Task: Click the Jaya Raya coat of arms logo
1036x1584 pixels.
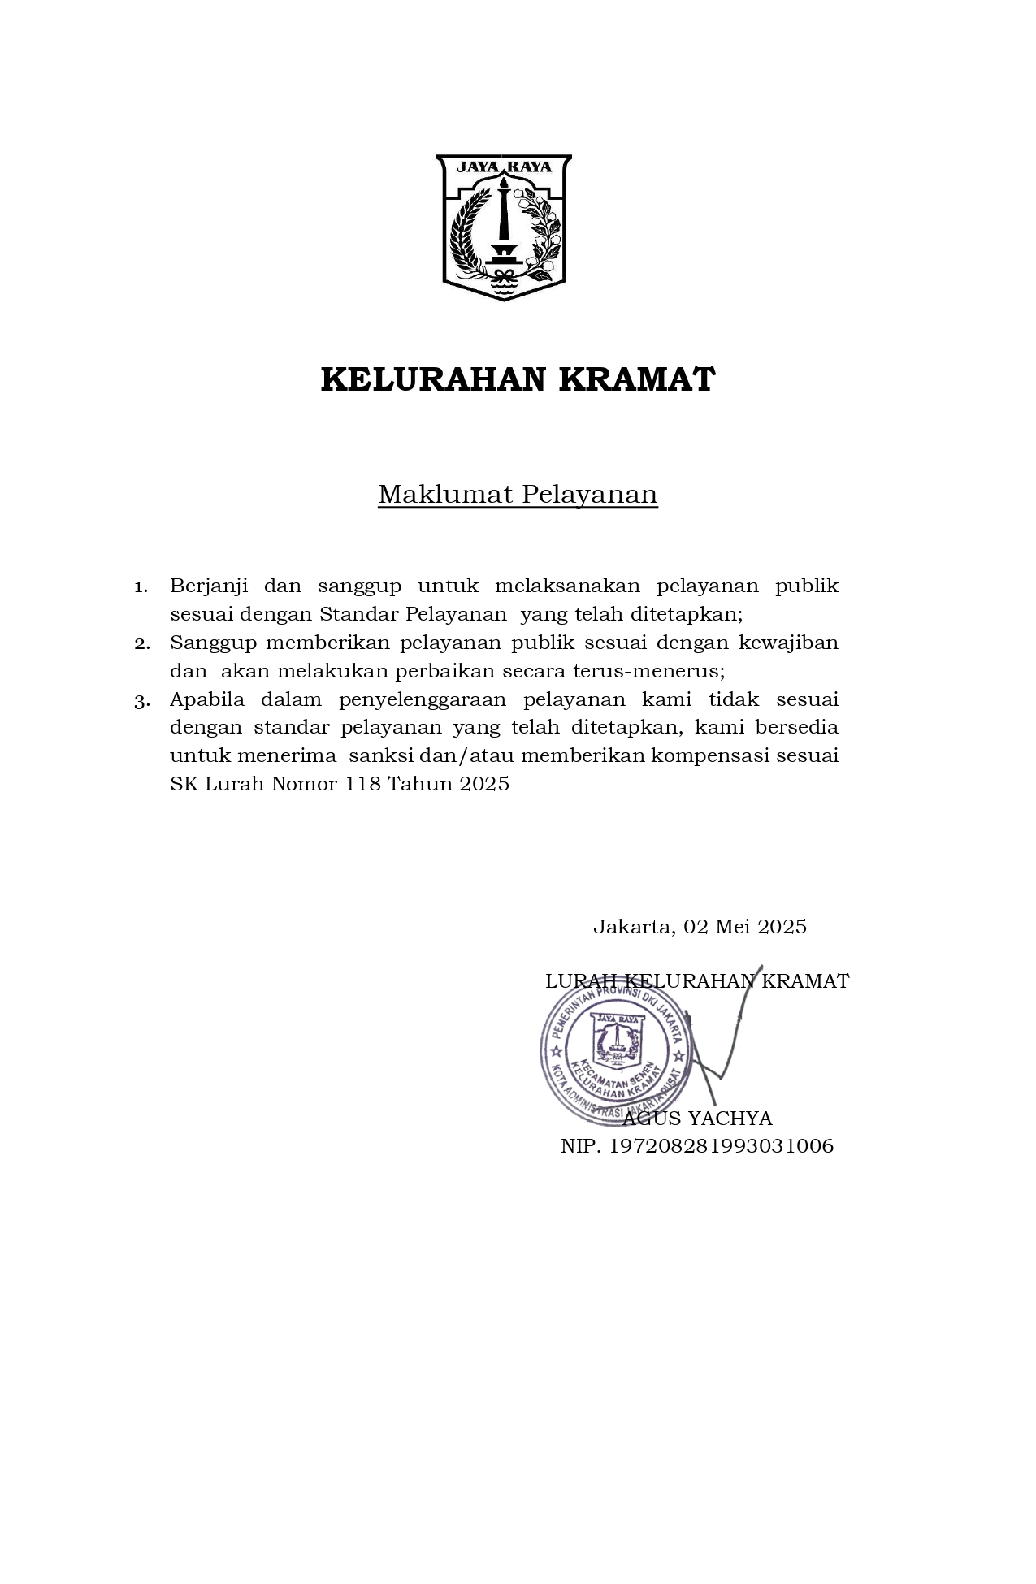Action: coord(504,227)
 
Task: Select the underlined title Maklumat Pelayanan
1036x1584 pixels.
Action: coord(518,494)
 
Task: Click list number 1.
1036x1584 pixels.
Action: coord(141,586)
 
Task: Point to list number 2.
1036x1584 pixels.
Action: coord(141,643)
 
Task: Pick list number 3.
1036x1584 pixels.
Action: coord(141,700)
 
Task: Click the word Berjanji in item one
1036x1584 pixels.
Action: coord(209,586)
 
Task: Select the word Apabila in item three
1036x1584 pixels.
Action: coord(207,699)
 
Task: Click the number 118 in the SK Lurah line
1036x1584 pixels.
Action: coord(362,784)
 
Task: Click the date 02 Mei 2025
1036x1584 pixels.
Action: coord(745,927)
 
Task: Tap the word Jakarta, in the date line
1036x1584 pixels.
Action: coord(634,927)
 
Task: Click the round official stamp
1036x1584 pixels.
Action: coord(616,1051)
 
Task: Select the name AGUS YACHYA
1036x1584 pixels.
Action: coord(697,1119)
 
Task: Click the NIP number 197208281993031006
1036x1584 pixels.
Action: coord(722,1146)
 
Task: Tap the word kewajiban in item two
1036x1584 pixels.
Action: coord(788,643)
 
